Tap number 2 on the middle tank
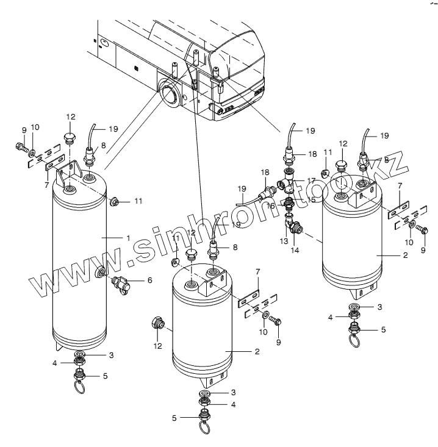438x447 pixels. pyautogui.click(x=257, y=352)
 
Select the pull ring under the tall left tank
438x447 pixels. pyautogui.click(x=81, y=385)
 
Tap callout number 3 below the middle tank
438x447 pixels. pyautogui.click(x=231, y=393)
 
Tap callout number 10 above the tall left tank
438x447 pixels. pyautogui.click(x=35, y=127)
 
